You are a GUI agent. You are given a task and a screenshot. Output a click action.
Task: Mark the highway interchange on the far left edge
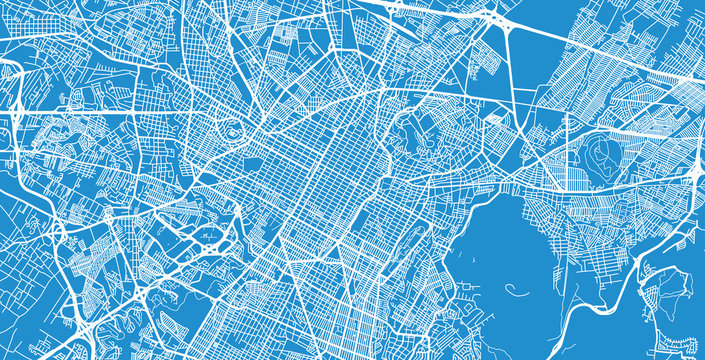12,72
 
